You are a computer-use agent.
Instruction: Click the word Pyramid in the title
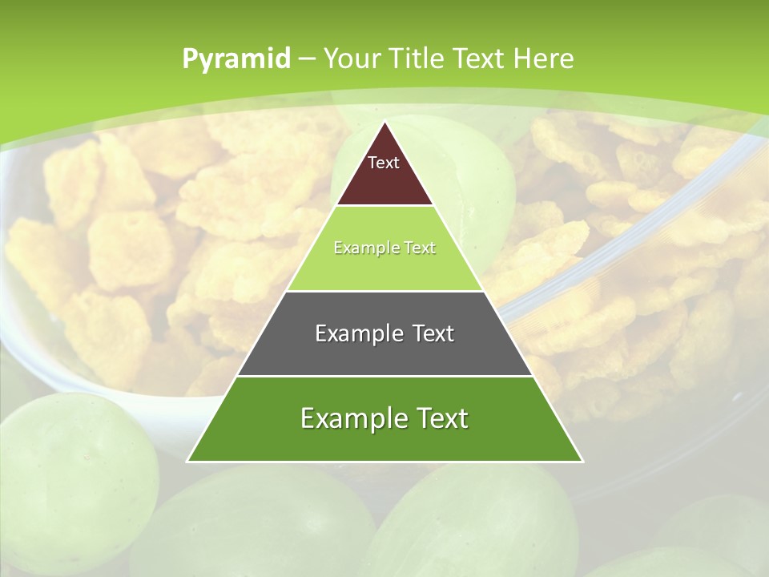coord(236,59)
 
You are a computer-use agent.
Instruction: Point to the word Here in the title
coord(544,59)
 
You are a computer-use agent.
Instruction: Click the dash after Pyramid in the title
coord(306,59)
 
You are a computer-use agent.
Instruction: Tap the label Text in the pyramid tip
coord(384,163)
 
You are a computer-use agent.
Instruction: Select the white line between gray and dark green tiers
coord(384,376)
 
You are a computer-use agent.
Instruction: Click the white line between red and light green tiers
coord(384,206)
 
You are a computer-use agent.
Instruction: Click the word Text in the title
coord(480,59)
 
